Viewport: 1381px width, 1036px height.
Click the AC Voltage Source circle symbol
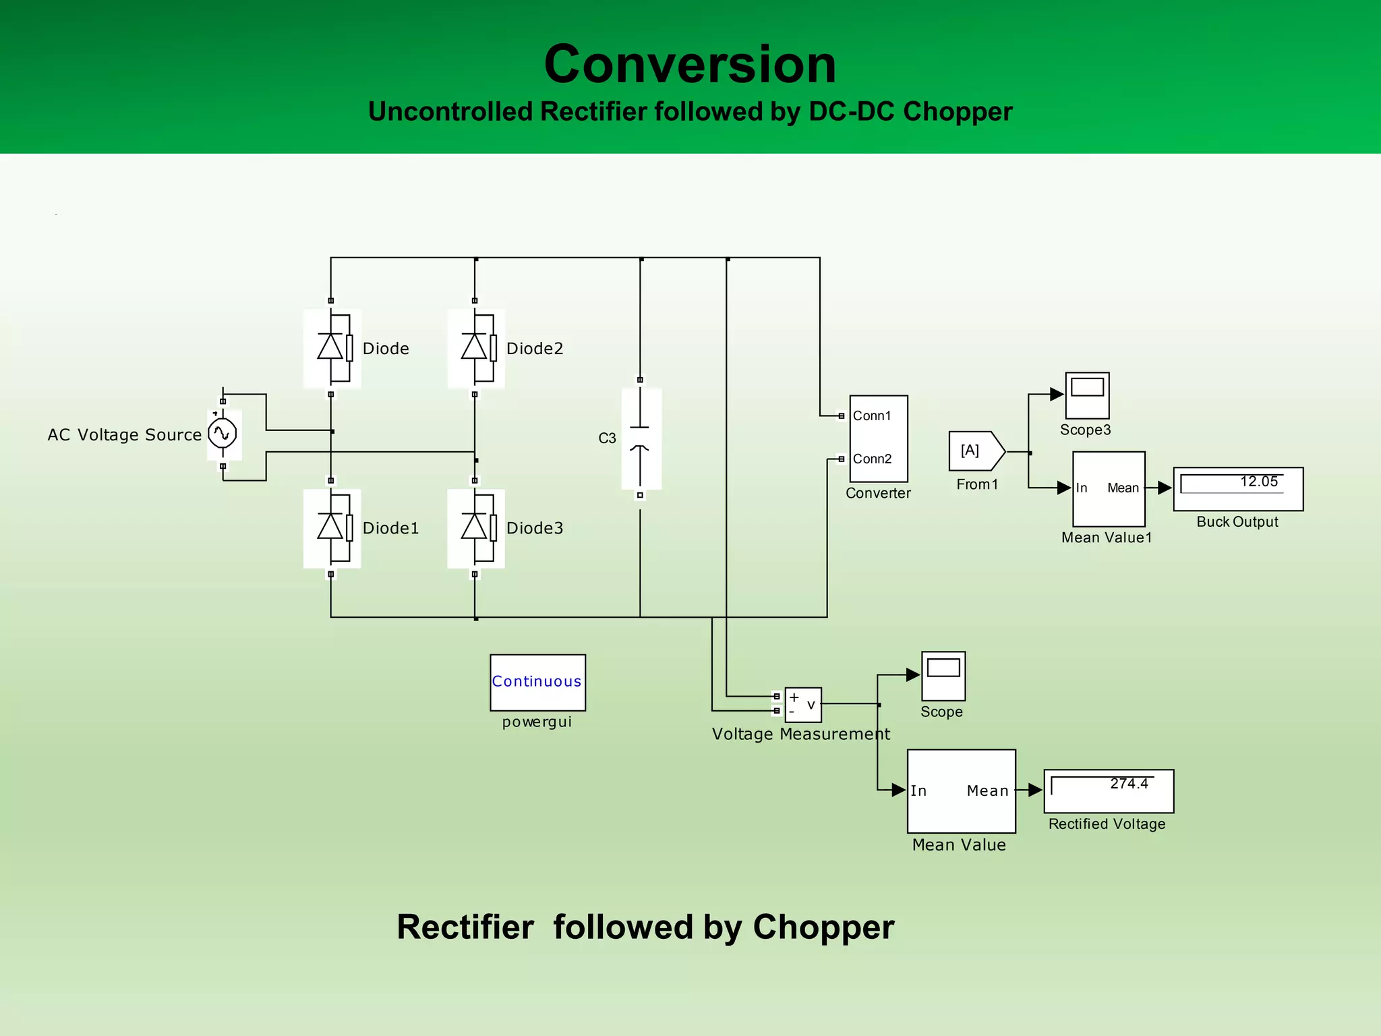223,434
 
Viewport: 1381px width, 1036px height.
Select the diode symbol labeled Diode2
475,348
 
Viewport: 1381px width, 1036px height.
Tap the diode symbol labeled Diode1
331,527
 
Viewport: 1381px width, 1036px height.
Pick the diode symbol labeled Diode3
475,527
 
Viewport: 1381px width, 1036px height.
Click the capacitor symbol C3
641,438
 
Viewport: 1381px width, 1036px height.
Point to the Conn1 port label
872,416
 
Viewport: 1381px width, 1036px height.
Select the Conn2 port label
872,459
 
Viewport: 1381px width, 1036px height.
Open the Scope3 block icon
1087,395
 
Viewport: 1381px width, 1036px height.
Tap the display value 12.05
1258,482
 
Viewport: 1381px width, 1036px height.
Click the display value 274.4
1129,784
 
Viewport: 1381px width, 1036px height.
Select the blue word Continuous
537,681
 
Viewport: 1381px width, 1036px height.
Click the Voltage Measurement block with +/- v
802,704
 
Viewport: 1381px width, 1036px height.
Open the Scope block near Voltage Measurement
943,676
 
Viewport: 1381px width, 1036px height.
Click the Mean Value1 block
1109,489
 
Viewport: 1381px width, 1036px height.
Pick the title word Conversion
690,64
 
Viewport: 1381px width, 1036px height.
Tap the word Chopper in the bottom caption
823,927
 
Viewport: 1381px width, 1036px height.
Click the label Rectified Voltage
1107,824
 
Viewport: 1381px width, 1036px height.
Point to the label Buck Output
1237,522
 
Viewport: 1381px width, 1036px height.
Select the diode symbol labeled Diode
331,348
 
